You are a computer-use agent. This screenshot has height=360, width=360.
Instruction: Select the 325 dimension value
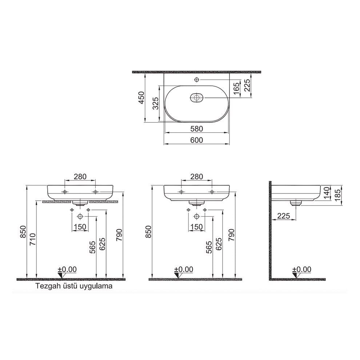point(155,104)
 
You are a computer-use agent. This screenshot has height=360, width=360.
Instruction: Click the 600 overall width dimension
point(197,140)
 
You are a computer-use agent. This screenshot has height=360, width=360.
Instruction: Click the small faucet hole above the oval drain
point(197,80)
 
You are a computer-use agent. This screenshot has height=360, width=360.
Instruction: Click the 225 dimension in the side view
point(283,216)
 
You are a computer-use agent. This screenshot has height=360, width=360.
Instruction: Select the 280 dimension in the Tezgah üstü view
point(80,177)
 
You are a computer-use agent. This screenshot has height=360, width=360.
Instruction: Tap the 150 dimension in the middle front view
point(196,227)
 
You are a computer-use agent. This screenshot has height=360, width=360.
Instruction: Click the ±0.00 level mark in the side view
point(302,269)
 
